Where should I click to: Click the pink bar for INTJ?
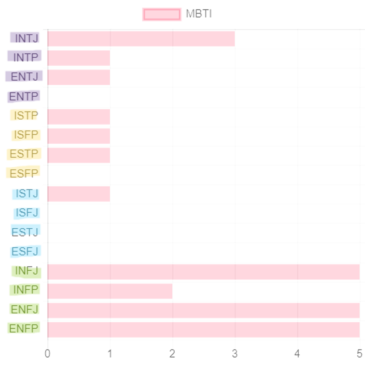141,39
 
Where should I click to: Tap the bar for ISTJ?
79,194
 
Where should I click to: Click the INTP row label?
25,57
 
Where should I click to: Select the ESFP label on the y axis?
23,173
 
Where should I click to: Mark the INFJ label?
26,271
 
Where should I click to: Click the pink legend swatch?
162,14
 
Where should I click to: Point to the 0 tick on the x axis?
47,353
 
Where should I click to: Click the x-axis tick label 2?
172,353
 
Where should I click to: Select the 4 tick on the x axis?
297,353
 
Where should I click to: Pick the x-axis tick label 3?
235,353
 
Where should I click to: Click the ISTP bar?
79,117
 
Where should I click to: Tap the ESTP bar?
79,155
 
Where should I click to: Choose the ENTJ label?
24,77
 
